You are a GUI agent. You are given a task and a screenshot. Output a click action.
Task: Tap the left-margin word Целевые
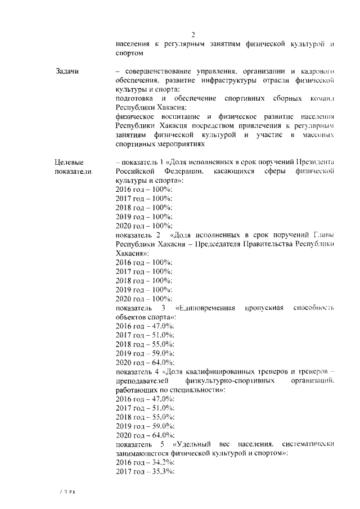[69, 163]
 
